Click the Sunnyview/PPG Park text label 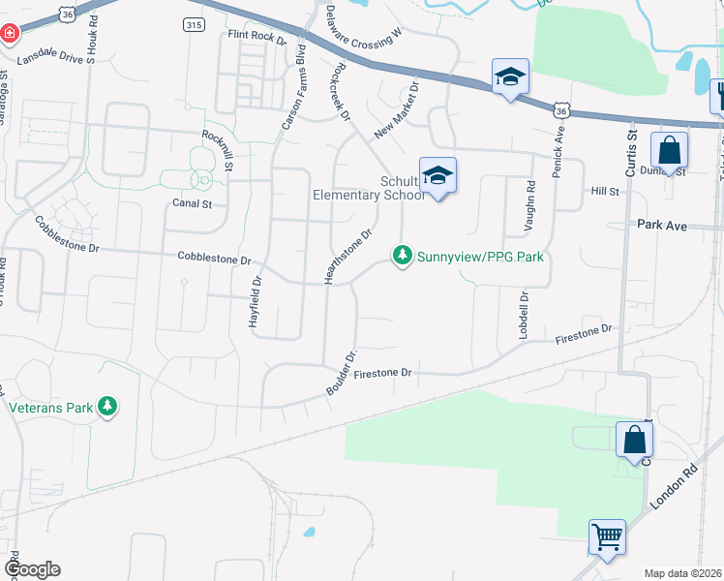480,257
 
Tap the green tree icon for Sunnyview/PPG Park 402,256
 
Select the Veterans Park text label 51,407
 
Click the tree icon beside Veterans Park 110,406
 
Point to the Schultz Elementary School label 367,188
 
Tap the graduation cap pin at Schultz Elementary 437,175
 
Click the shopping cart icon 607,535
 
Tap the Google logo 31,569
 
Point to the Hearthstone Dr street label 349,257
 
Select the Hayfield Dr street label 255,303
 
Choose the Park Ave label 662,225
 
